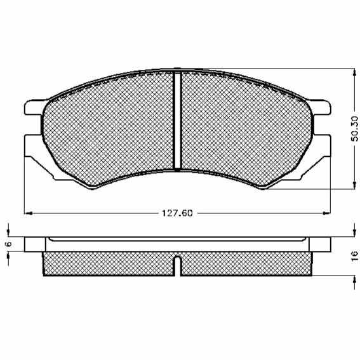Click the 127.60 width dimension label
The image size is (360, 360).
point(177,213)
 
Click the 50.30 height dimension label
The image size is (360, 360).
point(355,129)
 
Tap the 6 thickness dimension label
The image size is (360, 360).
point(9,244)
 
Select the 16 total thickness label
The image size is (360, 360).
point(355,255)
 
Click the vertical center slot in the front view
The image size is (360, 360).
point(177,121)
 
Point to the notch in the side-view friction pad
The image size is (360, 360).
point(177,265)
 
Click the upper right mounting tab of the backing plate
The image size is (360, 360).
point(319,107)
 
